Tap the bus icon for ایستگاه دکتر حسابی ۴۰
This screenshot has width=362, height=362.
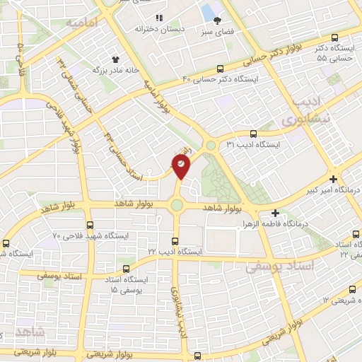coord(221,69)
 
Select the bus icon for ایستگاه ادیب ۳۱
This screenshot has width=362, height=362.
coord(254,134)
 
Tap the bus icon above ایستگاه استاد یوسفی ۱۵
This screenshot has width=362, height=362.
coord(127,269)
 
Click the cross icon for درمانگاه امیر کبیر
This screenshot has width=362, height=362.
coord(333,179)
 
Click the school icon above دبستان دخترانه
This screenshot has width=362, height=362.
coord(159,18)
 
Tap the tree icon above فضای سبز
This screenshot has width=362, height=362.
coord(217,21)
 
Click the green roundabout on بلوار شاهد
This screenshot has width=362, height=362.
coord(177,206)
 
